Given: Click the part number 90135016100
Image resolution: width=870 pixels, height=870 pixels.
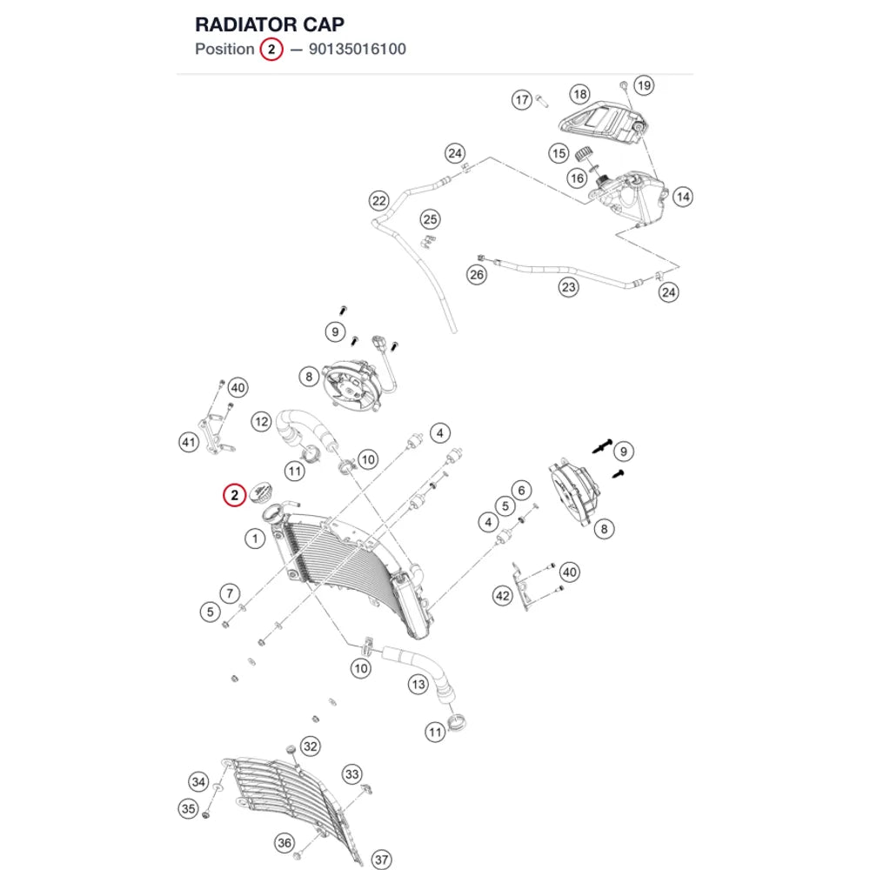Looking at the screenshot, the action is coord(358,50).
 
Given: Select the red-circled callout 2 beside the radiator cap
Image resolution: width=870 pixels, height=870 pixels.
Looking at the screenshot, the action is coord(234,495).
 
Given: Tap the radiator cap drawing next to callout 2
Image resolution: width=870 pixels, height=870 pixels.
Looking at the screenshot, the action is coord(261,493).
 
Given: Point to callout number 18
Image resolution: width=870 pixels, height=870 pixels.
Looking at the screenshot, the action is coord(579,94).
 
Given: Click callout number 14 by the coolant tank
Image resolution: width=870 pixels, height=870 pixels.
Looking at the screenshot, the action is coord(682,197).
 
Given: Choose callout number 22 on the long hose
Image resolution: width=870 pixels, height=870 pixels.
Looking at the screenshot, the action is coord(379,201).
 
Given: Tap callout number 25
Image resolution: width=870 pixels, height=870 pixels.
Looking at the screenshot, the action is coord(430,220).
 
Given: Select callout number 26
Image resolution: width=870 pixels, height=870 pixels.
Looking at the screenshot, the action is coord(477,275).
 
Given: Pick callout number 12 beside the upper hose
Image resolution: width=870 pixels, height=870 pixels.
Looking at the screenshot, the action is coord(261,422).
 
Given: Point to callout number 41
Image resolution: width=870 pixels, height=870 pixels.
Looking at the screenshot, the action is coord(189,442).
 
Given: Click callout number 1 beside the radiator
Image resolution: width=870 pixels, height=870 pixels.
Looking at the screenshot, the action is coord(255,539).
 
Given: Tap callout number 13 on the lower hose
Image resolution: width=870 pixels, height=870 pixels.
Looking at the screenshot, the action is coord(418,685).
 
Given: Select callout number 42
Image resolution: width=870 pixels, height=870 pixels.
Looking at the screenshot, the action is coord(503,597).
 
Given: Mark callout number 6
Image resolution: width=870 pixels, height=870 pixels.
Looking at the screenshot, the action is coord(521,491).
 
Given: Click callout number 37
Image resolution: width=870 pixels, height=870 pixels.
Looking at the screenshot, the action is coord(381,860).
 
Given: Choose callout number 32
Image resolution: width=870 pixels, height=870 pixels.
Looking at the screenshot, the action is coord(311,746).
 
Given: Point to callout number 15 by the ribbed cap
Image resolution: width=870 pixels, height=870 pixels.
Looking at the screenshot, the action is coord(559,153).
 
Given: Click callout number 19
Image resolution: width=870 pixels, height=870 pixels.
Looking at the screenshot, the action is coord(644,85).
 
